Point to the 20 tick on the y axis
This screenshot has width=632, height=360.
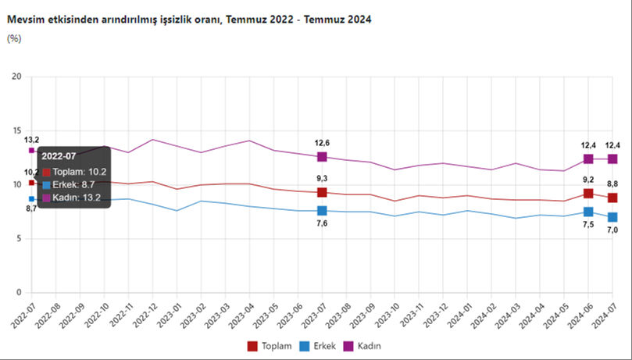tap(16, 77)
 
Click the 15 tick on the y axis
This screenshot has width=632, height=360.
tap(16, 130)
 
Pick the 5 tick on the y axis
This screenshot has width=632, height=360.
tap(18, 239)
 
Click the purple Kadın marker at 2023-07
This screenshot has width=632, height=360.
tap(322, 157)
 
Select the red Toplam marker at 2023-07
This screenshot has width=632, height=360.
tap(322, 192)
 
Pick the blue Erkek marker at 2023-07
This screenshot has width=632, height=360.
tap(322, 211)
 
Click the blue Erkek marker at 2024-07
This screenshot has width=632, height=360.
tap(612, 217)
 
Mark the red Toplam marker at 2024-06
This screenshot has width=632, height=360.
tap(588, 193)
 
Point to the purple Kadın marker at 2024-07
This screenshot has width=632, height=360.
tap(612, 159)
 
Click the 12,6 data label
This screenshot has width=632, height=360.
tap(322, 142)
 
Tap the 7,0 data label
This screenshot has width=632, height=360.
tap(613, 230)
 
